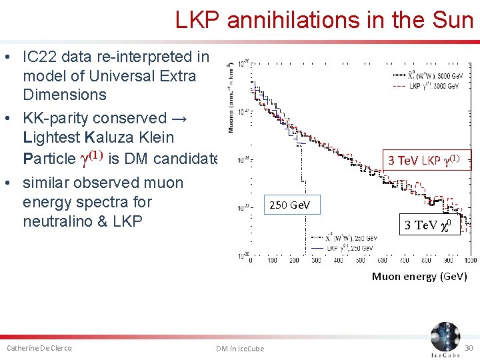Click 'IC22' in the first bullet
click(41, 57)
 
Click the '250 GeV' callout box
click(289, 205)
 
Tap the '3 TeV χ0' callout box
click(430, 225)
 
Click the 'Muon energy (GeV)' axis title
click(419, 276)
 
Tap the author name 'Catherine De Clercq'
click(39, 348)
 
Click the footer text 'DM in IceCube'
click(240, 349)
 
